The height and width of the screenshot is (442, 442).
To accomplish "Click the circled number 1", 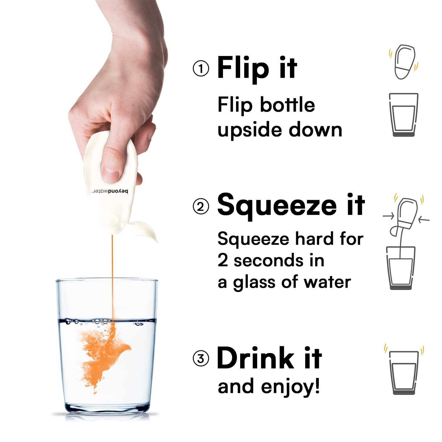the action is pyautogui.click(x=201, y=69).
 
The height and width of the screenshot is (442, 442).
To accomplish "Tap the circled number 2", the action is pyautogui.click(x=201, y=206).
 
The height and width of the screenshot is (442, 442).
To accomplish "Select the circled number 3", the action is pyautogui.click(x=201, y=359).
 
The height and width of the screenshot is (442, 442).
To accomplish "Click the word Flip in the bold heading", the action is pyautogui.click(x=243, y=68).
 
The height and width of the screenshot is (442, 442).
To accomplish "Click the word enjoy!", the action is pyautogui.click(x=291, y=387).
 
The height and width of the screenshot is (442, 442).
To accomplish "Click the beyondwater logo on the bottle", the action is pyautogui.click(x=110, y=192).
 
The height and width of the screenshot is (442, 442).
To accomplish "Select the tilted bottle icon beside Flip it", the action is pyautogui.click(x=405, y=62).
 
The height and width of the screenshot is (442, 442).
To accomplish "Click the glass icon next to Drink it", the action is pyautogui.click(x=404, y=372).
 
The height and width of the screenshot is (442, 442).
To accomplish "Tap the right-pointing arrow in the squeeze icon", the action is pyautogui.click(x=388, y=217).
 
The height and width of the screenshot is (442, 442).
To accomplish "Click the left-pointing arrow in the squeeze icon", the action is pyautogui.click(x=424, y=219).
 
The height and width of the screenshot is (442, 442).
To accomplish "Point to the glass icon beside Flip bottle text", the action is pyautogui.click(x=404, y=115).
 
